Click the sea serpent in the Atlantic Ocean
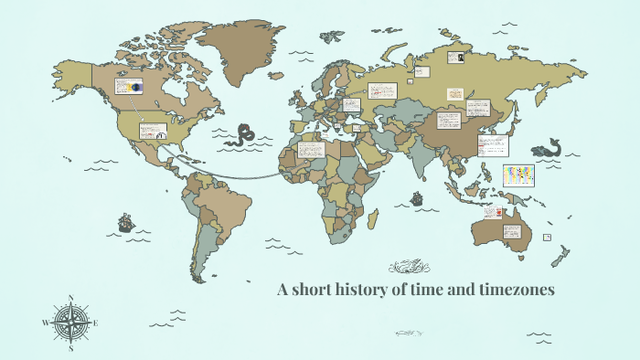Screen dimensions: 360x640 (244, 134)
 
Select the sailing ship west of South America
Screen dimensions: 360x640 (125, 222)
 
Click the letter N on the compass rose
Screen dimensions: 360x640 (71, 298)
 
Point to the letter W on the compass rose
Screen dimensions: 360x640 (45, 323)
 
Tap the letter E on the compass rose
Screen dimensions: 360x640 (96, 323)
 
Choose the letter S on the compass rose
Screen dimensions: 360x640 (71, 347)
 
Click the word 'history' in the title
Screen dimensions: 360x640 (370, 291)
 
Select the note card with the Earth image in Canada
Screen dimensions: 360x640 (128, 88)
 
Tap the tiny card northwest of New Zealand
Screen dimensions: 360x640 (547, 237)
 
